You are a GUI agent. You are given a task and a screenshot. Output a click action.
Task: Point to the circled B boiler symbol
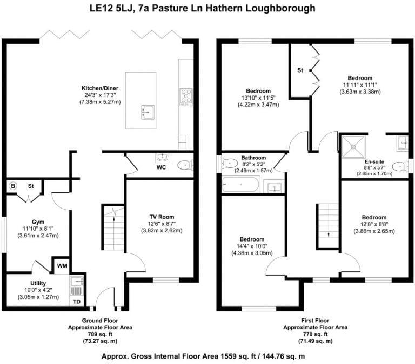click(x=12, y=186)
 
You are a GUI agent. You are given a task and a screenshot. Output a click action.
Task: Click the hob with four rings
click(x=186, y=97)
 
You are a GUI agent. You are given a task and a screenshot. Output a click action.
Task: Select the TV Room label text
click(x=162, y=217)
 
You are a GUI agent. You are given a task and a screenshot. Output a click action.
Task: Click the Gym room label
click(x=37, y=222)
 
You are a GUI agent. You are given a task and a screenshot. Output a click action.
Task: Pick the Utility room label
click(x=38, y=283)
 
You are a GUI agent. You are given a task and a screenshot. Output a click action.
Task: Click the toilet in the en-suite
click(x=399, y=166)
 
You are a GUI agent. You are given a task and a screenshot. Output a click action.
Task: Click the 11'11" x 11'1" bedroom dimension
click(x=359, y=85)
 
